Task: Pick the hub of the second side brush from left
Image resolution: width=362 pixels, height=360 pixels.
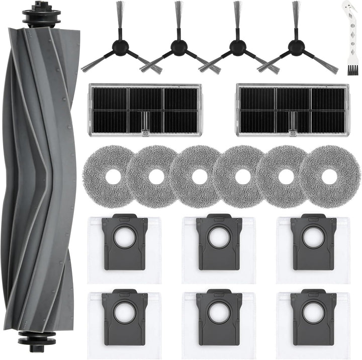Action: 178,47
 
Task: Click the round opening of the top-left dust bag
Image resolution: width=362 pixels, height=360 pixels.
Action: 124,239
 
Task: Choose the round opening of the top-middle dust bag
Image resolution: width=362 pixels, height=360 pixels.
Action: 219,239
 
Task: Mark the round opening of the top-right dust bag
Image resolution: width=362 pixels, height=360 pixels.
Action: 313,239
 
